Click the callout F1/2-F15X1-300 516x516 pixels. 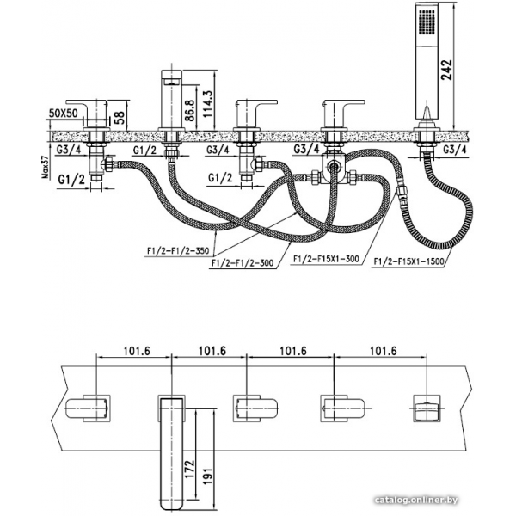tap(327, 257)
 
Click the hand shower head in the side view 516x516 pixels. tap(427, 52)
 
